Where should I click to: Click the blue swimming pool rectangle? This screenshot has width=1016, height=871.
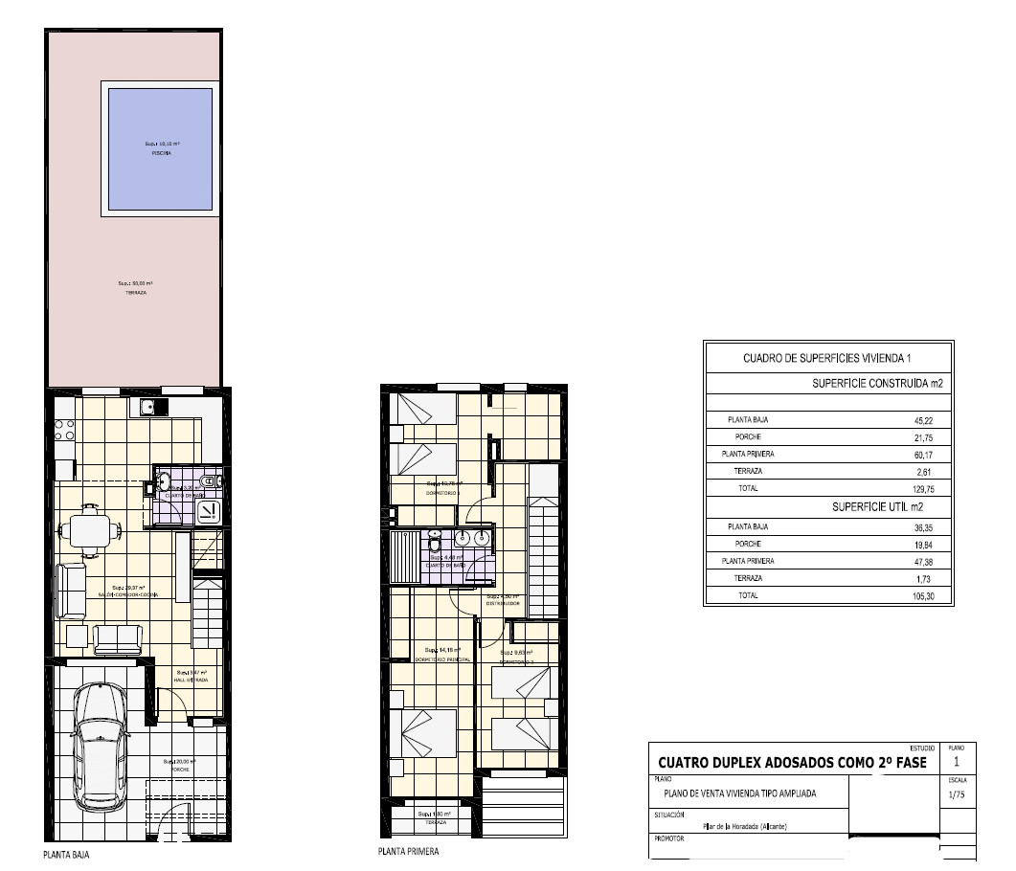160,149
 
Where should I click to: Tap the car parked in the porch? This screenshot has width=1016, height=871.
101,746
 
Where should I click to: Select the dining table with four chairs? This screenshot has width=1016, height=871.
89,528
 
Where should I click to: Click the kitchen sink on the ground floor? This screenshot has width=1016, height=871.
147,409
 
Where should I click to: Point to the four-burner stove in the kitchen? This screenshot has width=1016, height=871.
65,430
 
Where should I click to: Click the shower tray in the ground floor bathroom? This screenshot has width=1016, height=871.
208,513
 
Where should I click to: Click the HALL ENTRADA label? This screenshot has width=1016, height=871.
192,679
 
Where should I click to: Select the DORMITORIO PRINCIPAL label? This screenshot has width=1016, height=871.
441,659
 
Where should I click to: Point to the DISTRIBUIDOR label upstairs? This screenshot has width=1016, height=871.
502,603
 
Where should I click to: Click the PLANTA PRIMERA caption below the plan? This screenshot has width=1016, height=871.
409,851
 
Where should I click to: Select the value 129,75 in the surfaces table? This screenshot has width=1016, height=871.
936,488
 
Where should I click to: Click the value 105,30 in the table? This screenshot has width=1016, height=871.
936,595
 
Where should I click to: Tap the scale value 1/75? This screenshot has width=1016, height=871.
956,794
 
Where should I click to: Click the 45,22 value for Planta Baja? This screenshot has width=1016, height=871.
936,419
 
